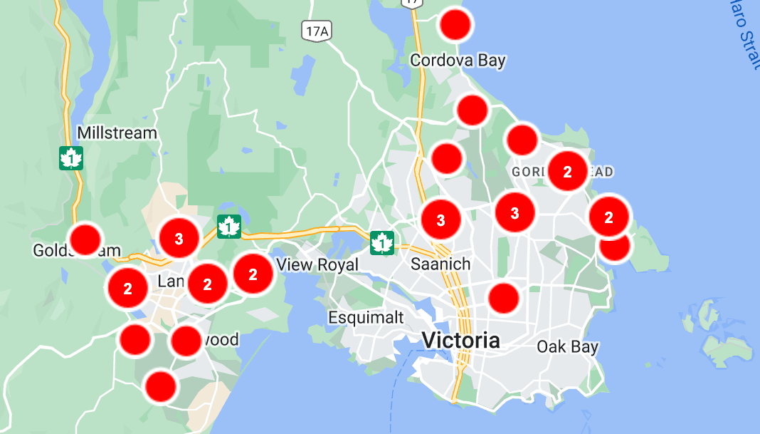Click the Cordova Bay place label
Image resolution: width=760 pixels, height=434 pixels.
click(458, 61)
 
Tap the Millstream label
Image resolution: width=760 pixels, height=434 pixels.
click(117, 133)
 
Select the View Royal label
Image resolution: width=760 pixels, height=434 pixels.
click(317, 265)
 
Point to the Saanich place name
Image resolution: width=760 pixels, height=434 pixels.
click(440, 264)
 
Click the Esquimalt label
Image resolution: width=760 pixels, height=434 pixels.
click(366, 316)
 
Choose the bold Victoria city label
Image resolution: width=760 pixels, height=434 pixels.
click(460, 340)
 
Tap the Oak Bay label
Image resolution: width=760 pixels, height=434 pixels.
click(567, 347)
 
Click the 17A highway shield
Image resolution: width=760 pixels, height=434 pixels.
click(316, 31)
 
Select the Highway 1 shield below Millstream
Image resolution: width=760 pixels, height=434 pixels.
click(71, 158)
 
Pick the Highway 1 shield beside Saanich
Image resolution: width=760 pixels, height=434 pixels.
click(382, 243)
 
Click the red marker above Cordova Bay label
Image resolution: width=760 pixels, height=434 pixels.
click(456, 26)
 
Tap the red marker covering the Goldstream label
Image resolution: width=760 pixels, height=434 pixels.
click(85, 239)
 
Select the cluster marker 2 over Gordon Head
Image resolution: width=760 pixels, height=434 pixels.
click(567, 172)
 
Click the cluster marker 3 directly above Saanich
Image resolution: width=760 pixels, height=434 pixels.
click(440, 220)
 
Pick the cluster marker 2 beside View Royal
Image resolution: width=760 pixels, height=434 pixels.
click(253, 273)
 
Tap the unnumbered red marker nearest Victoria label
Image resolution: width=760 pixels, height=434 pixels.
click(504, 298)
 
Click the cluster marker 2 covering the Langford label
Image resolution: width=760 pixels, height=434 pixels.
click(207, 284)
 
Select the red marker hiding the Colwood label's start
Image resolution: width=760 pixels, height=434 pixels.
click(186, 341)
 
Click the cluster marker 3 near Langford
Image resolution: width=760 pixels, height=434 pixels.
click(179, 238)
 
